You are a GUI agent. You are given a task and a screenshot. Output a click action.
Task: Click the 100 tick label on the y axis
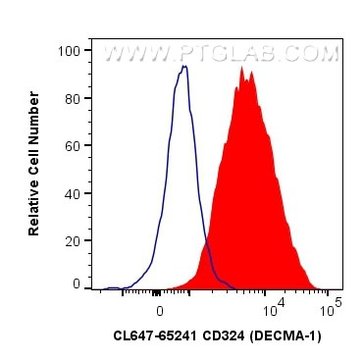coord(69,50)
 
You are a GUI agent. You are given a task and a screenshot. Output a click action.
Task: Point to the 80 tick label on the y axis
coord(72,97)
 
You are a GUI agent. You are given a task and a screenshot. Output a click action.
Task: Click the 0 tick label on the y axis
coord(76,283)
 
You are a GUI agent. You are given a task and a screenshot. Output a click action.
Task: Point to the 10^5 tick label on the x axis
coord(332,303)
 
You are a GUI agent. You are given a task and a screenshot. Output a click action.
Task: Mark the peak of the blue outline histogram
coord(183,67)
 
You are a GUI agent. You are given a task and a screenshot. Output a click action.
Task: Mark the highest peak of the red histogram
coord(242,69)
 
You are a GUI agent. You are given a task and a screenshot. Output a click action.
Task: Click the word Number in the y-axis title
coord(34,121)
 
